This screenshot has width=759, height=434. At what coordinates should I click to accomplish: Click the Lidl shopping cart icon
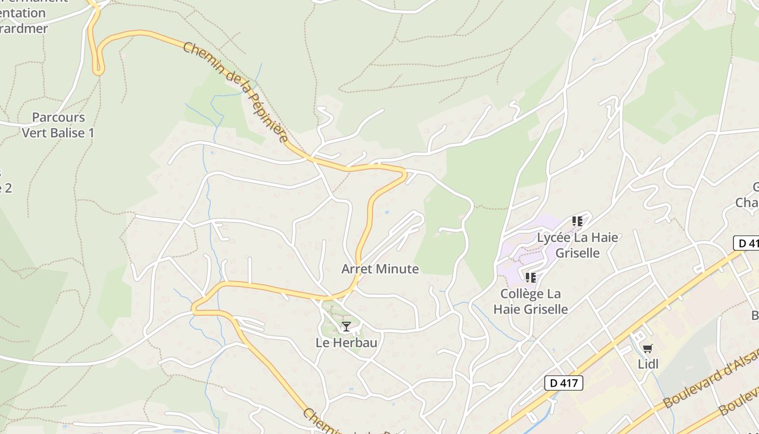tap(647, 348)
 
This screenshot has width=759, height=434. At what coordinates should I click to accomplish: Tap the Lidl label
tap(648, 364)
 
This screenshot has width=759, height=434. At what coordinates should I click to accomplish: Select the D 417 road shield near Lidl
tap(563, 383)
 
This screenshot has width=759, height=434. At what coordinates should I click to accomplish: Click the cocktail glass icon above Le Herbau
tap(346, 327)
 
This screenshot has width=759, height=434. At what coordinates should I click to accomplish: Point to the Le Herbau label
tap(346, 343)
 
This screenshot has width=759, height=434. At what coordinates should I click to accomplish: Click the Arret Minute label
tap(380, 269)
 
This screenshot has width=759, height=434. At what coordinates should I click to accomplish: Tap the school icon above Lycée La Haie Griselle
tap(577, 221)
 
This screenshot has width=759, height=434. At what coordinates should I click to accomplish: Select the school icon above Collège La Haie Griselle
tap(531, 278)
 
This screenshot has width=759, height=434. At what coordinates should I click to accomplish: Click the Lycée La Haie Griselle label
tap(577, 245)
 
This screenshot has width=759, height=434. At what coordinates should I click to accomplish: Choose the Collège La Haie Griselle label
tap(531, 302)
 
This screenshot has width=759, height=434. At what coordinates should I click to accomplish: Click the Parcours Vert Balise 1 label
tap(58, 125)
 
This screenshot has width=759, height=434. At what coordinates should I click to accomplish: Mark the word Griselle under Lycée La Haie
tap(577, 253)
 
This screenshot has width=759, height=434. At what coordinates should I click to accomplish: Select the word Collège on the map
tap(522, 294)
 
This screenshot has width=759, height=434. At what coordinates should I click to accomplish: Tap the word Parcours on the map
tap(59, 117)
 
